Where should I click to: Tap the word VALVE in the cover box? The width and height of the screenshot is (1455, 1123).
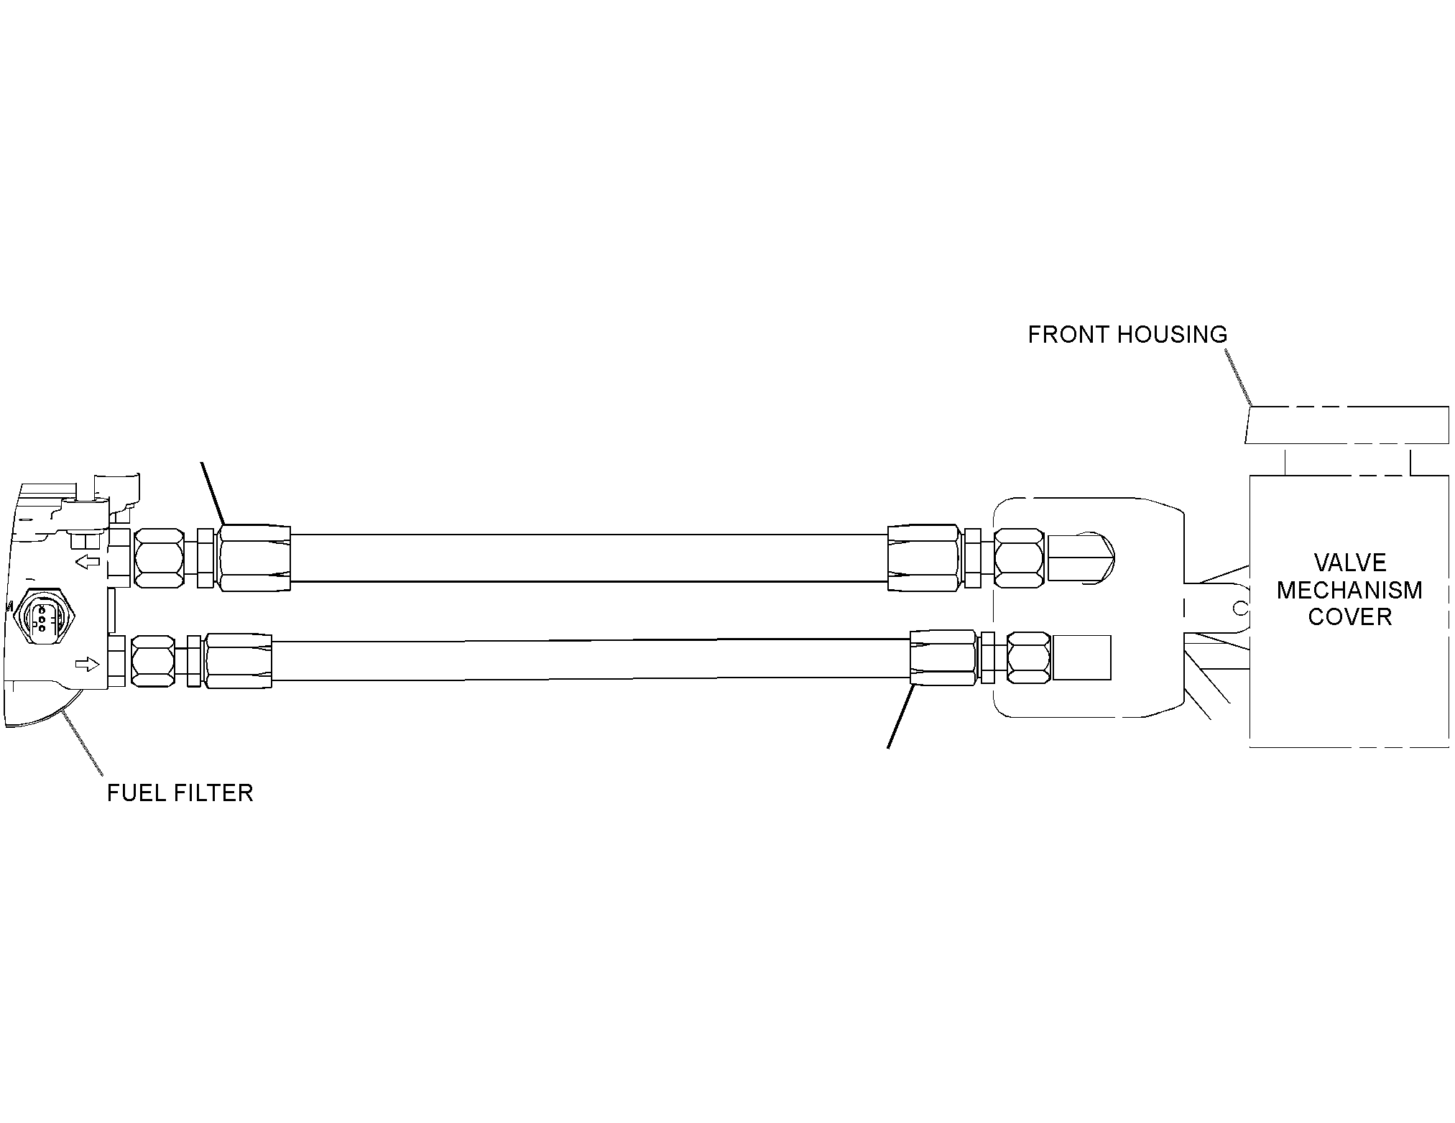pos(1350,563)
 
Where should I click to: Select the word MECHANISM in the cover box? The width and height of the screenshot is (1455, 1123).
pos(1349,590)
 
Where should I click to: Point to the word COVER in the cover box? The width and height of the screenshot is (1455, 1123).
pos(1350,616)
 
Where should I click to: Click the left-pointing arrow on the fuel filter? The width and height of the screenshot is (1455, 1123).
pos(88,561)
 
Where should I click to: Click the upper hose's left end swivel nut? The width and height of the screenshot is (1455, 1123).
pos(254,558)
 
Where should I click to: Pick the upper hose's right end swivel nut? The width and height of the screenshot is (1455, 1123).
pos(924,558)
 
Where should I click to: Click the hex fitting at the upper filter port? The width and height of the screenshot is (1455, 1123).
pos(159,558)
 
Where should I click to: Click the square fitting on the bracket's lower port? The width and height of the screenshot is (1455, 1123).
pos(1081,657)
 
